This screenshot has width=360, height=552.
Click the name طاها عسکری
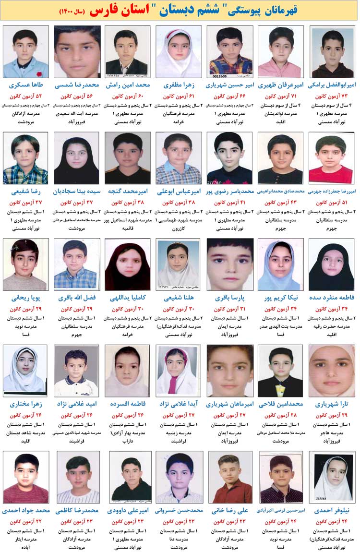(25, 85)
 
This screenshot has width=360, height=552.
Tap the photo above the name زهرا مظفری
(179, 51)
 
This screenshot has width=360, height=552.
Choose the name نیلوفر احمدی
(332, 511)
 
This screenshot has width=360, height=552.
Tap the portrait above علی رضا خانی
(229, 477)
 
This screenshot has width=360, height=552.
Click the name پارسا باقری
(229, 298)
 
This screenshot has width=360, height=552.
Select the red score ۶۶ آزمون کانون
(229, 96)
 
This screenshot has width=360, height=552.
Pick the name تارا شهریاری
(332, 404)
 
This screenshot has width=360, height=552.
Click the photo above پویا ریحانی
(25, 264)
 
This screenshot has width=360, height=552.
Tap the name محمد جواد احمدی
(25, 511)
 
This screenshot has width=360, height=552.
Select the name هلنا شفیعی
(179, 298)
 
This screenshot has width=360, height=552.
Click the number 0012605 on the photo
(219, 76)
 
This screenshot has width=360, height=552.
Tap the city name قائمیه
(128, 229)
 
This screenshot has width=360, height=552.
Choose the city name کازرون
(179, 229)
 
